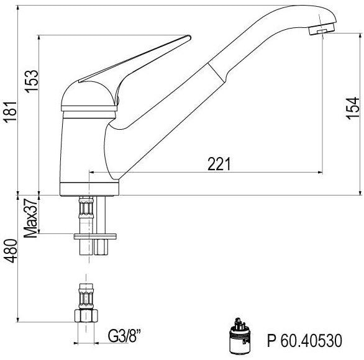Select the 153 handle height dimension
pyautogui.click(x=31, y=81)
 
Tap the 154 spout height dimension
pyautogui.click(x=353, y=109)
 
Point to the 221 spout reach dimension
pyautogui.click(x=219, y=164)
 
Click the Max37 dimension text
pyautogui.click(x=30, y=218)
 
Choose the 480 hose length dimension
pyautogui.click(x=11, y=251)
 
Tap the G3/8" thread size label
pyautogui.click(x=124, y=336)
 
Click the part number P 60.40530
pyautogui.click(x=304, y=340)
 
